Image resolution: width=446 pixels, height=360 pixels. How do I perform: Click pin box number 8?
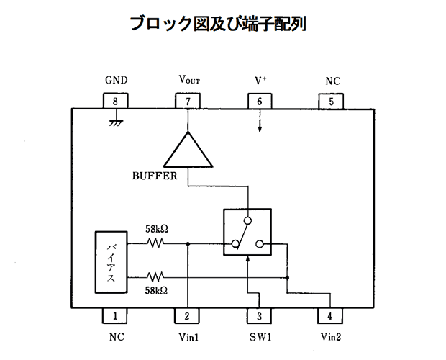coord(115,101)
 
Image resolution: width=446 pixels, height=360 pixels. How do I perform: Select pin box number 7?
coord(188,101)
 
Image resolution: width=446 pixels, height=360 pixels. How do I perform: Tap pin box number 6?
coord(260,101)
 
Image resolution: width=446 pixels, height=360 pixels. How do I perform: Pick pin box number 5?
coord(331,102)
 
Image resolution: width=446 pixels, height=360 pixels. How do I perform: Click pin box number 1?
coord(114,315)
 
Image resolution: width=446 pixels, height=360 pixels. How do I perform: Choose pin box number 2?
coord(187,315)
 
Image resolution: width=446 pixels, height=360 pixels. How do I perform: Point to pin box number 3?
coord(259,315)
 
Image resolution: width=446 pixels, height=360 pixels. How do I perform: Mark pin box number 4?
coord(330,315)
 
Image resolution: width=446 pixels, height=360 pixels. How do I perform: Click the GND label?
coord(117,80)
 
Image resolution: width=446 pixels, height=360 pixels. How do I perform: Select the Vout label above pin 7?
coord(189,79)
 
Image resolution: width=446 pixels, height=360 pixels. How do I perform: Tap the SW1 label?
coord(260,337)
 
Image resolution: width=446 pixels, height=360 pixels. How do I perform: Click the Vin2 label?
coord(330,337)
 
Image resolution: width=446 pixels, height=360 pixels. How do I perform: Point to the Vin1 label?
coord(188,337)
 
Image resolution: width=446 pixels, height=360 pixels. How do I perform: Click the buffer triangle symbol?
coord(188,150)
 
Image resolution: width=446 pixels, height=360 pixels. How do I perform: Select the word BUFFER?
coord(155,176)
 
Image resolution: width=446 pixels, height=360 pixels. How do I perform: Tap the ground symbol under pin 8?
coord(116,122)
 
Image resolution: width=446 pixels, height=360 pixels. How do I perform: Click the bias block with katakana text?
coord(111,262)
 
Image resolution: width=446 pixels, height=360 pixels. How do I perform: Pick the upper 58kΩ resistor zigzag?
coord(155,243)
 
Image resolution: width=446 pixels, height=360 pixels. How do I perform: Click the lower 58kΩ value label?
coord(156,291)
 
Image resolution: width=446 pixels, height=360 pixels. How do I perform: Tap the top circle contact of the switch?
coord(247,220)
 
